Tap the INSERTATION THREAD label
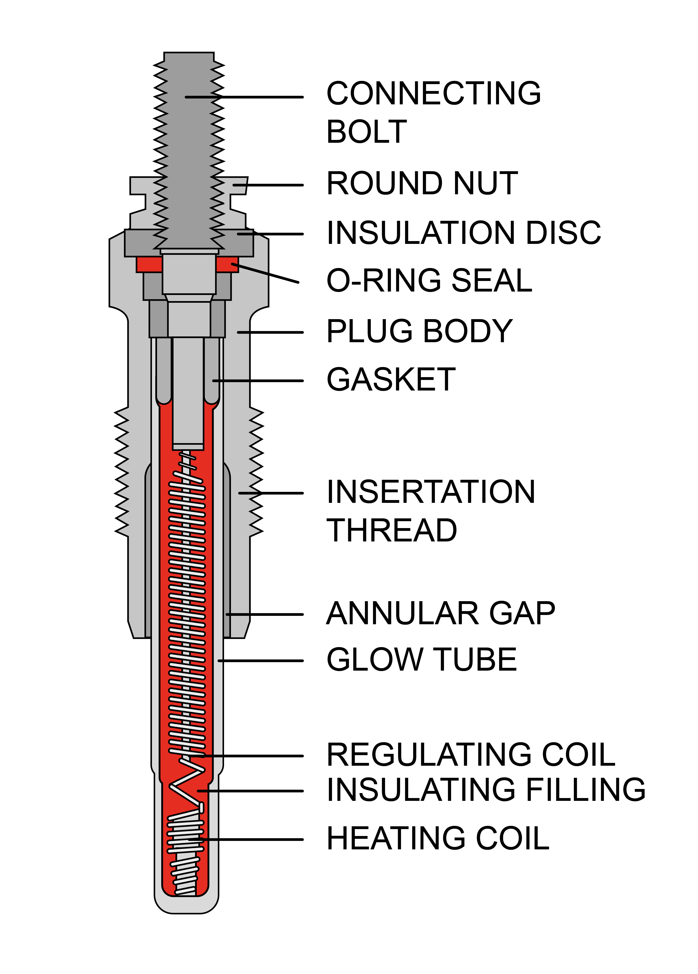431,511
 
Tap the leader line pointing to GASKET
258,381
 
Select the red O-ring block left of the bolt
149,264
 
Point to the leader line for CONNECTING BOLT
245,97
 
